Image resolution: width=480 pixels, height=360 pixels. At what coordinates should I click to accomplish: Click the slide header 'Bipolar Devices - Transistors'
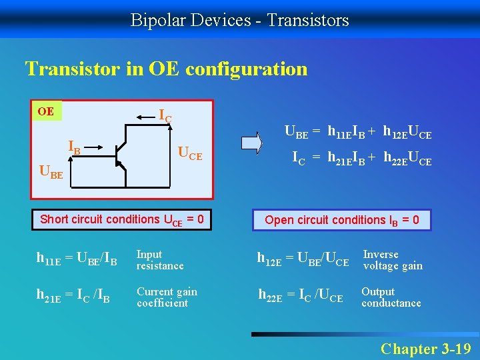point(239,20)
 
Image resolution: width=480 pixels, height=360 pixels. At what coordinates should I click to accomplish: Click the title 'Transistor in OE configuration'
point(166,69)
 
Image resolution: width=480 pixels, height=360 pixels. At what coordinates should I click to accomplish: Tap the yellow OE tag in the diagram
point(47,111)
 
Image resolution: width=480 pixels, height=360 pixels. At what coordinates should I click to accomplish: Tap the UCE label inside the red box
point(189,154)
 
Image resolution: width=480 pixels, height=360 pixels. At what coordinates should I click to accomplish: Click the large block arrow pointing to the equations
point(253,143)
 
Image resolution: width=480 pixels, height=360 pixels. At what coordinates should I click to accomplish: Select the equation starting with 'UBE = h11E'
point(358,133)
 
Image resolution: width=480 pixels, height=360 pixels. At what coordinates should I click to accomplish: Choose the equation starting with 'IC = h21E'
point(361,159)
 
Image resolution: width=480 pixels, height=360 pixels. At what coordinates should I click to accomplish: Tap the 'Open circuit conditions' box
point(341,220)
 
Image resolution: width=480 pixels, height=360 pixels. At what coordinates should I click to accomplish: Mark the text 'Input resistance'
point(159,260)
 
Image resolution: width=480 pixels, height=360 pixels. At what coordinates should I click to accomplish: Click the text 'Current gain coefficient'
point(167,297)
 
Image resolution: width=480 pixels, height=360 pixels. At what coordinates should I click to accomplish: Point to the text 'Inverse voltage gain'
point(392,260)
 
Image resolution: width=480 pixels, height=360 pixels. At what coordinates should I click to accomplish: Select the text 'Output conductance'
point(391,297)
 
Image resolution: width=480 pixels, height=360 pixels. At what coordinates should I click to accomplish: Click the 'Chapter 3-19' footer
point(425,348)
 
